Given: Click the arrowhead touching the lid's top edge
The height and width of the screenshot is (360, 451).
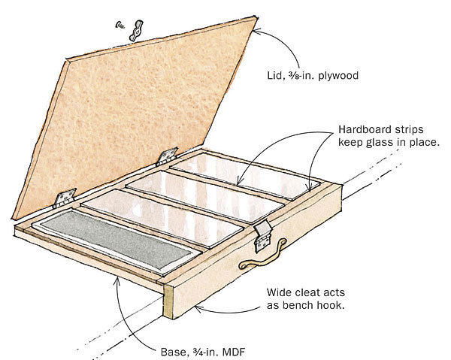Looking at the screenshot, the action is click(x=258, y=30).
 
